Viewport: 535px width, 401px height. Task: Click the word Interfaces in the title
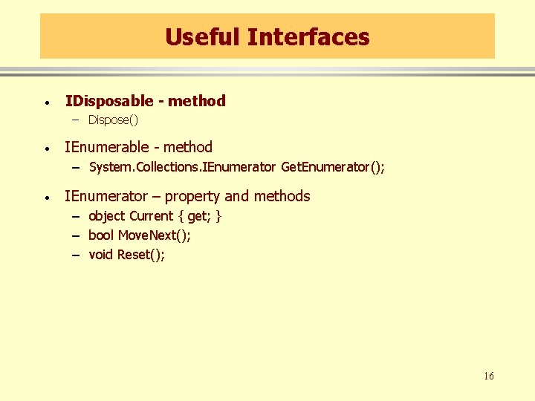coord(308,36)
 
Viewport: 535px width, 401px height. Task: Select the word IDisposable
coord(108,101)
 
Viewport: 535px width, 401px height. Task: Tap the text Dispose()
coord(113,120)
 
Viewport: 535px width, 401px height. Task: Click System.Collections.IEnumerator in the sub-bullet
coord(182,167)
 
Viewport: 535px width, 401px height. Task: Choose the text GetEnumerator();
coord(333,167)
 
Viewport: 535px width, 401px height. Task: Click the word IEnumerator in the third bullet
coord(106,196)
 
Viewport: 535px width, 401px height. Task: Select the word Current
coord(151,216)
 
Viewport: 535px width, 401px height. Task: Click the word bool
coord(101,235)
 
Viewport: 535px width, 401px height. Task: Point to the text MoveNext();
coord(155,235)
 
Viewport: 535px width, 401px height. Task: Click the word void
coord(101,255)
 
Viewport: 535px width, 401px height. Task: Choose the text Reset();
coord(141,255)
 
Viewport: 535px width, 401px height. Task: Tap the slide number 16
coord(488,376)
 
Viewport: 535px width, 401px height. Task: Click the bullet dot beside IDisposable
coord(46,102)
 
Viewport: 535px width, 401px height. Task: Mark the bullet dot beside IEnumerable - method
coord(46,149)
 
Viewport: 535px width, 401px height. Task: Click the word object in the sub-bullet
coord(107,216)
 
